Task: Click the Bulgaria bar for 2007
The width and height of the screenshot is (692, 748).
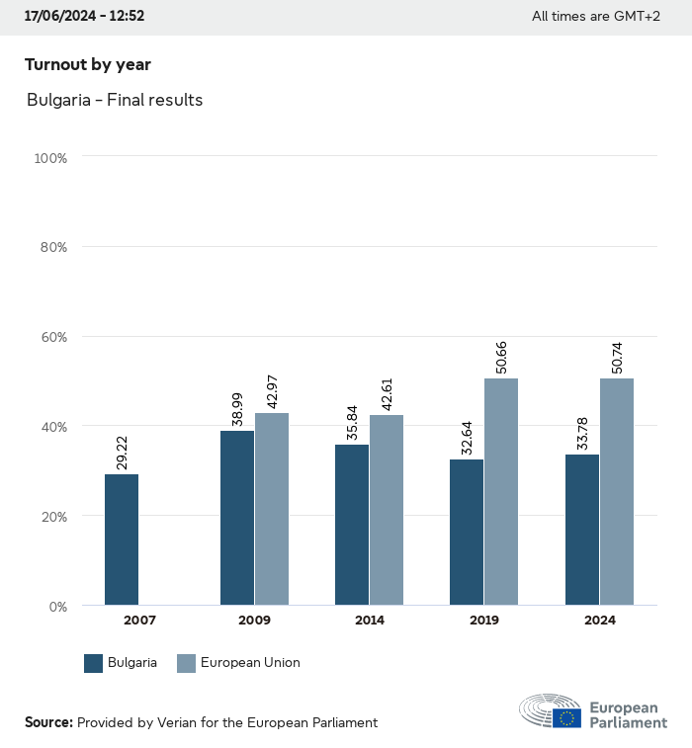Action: (x=122, y=540)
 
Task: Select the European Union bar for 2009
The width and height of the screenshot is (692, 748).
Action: (x=272, y=509)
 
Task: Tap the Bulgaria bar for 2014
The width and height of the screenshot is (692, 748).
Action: (x=352, y=525)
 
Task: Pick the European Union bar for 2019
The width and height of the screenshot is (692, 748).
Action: (x=501, y=491)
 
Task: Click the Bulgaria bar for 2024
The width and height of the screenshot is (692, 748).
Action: (x=582, y=530)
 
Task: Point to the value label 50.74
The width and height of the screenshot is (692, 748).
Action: (x=618, y=358)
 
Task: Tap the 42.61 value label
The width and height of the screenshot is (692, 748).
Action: (x=388, y=394)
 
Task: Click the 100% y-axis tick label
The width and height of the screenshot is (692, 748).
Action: (x=49, y=158)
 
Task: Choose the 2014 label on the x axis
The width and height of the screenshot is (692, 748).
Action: (x=370, y=621)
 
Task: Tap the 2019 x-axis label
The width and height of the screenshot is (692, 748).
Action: (x=484, y=621)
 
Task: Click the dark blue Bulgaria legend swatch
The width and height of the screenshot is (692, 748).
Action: (x=94, y=663)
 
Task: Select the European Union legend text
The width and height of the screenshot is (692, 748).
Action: (x=250, y=663)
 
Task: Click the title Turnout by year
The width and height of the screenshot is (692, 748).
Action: (x=88, y=65)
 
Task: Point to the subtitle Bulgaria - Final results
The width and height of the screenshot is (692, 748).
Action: (x=115, y=100)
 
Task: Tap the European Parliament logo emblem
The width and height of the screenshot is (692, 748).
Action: (x=552, y=711)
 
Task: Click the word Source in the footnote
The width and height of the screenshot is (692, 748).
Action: (x=48, y=722)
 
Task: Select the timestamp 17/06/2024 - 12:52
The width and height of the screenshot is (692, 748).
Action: (x=84, y=16)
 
